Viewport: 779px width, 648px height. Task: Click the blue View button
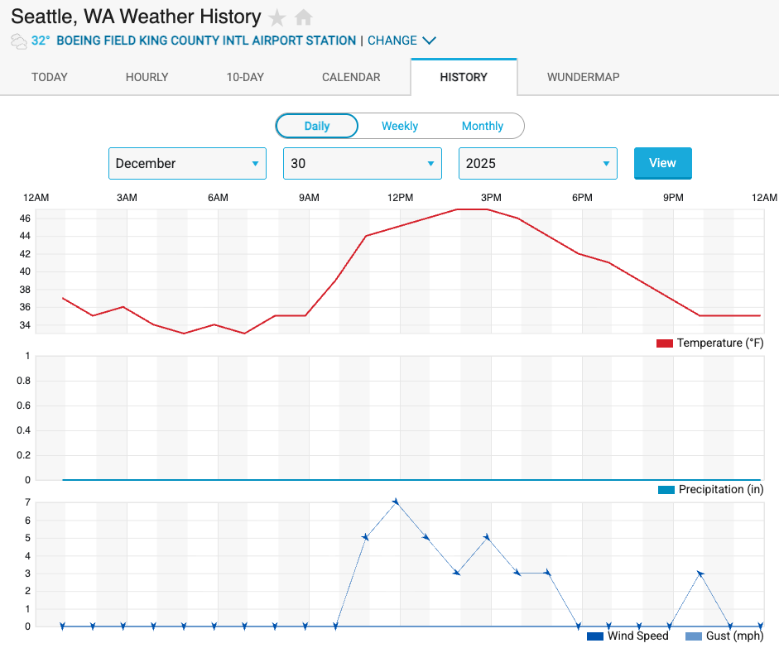tap(662, 163)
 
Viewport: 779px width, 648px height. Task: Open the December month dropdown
tap(187, 163)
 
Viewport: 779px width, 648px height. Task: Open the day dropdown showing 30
tap(363, 163)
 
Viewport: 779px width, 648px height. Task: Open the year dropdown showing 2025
tap(538, 163)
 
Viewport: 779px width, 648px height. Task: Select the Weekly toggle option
tap(400, 126)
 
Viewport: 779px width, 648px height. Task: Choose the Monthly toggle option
tap(483, 126)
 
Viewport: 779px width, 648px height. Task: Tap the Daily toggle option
tap(317, 126)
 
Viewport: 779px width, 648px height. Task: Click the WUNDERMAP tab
tap(583, 77)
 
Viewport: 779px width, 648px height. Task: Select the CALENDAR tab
tap(351, 77)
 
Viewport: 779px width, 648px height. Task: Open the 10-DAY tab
tap(245, 77)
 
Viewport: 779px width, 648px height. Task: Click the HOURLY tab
tap(147, 77)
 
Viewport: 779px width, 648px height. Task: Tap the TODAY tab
tap(50, 77)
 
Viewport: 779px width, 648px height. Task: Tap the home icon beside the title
tap(304, 17)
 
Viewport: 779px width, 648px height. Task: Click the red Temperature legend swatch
tap(664, 343)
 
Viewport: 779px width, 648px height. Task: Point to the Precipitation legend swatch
tap(666, 490)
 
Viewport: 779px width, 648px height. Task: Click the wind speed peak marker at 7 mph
tap(396, 502)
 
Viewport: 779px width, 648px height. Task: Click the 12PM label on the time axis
tap(400, 198)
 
